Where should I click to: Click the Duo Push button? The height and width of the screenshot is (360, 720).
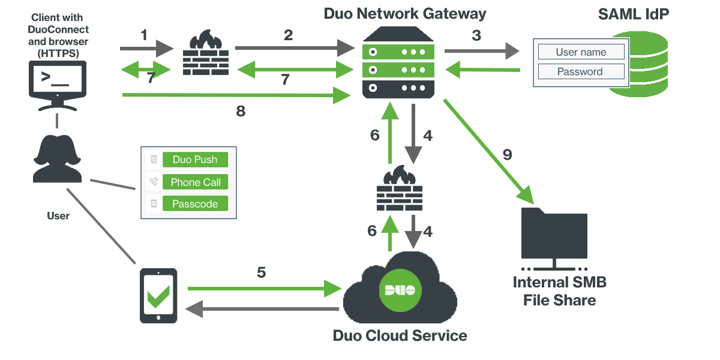(x=195, y=160)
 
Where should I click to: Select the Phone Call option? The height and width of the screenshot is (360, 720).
(x=195, y=182)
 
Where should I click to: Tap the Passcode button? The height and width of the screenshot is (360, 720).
(x=195, y=204)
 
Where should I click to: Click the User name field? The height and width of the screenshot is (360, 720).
(x=581, y=52)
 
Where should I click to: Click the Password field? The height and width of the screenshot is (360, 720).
(x=581, y=72)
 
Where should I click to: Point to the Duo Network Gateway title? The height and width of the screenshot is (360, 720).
(x=405, y=14)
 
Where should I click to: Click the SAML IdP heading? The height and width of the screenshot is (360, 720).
(x=633, y=14)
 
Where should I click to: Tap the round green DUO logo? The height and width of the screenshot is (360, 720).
(x=400, y=290)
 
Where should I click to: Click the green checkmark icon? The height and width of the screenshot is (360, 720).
(x=158, y=296)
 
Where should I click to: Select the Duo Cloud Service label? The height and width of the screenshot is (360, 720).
(x=400, y=335)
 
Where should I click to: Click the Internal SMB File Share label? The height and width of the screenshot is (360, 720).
(x=560, y=291)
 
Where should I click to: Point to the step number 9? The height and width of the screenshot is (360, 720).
(x=507, y=155)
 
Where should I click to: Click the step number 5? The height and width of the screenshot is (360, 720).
(x=261, y=272)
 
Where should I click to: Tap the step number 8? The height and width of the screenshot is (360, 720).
(x=241, y=112)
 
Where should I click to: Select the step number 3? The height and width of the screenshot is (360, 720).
(x=476, y=35)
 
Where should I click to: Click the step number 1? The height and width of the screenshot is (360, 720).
(x=144, y=35)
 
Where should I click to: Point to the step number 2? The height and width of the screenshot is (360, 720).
(x=289, y=35)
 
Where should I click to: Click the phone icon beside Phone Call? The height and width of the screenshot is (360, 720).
(x=154, y=182)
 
